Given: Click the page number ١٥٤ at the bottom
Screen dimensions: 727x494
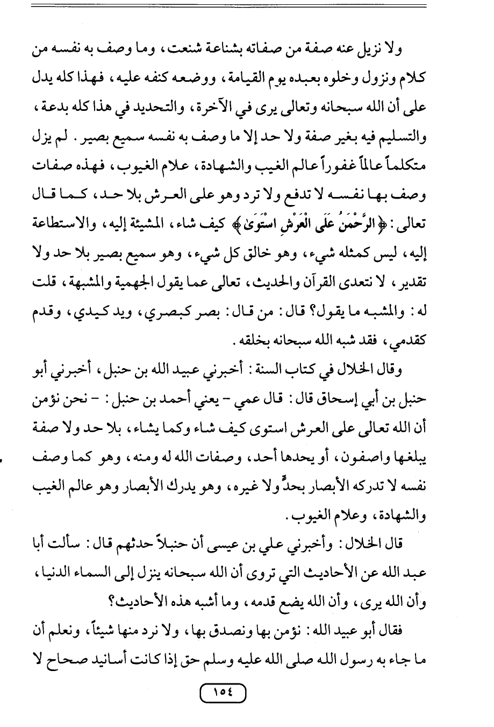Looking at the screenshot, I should (223, 693).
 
